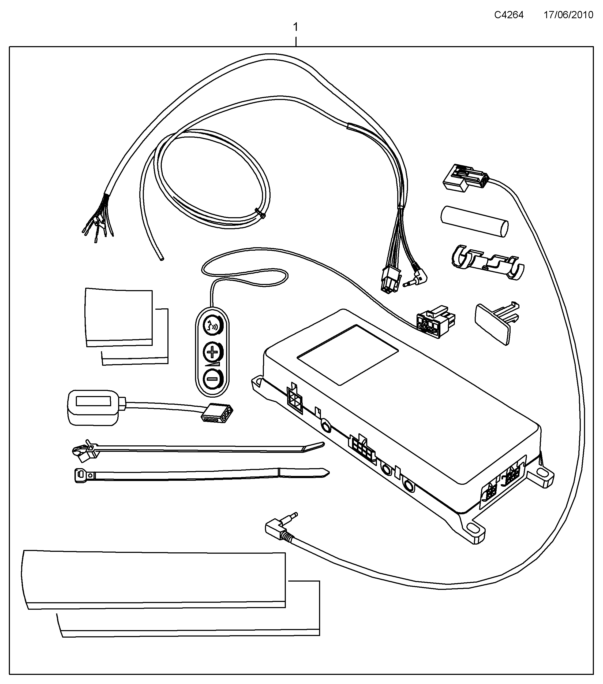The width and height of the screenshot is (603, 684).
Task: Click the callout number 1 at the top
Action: point(295,27)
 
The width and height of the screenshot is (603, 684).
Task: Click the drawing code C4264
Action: point(509,15)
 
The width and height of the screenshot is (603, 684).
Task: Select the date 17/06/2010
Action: point(568,15)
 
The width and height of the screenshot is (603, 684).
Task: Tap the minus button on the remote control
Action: point(212,379)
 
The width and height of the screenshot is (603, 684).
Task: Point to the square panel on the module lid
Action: point(348,355)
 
